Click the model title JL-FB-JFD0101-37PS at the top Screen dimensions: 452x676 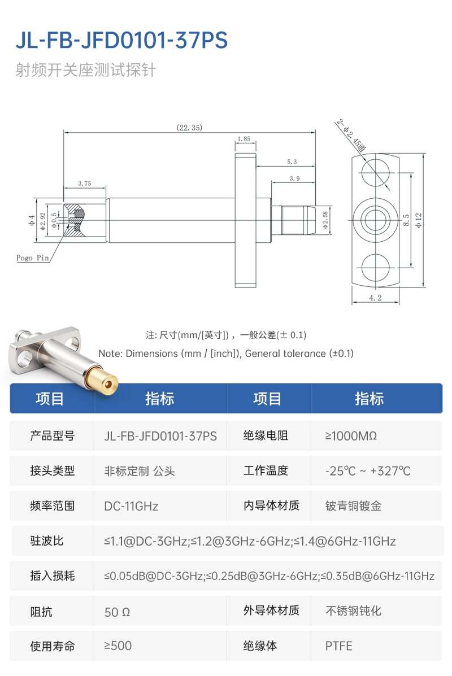[121, 41]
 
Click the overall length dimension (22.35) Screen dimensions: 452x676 [189, 128]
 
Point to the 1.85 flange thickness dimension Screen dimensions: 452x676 [244, 139]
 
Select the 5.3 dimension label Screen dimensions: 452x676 [292, 162]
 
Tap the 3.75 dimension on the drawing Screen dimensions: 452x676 [85, 183]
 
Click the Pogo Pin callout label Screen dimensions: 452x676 [33, 258]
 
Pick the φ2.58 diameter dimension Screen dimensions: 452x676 [325, 220]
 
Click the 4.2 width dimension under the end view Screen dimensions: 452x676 [375, 298]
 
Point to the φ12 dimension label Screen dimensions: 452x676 [418, 220]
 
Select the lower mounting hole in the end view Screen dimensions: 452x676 [375, 267]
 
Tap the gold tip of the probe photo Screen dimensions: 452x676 [102, 380]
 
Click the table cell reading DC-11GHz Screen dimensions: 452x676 [131, 506]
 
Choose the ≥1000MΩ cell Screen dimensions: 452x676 [351, 436]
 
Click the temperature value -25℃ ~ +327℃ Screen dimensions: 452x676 [368, 471]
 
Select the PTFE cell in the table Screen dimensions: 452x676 [338, 646]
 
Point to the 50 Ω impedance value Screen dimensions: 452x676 [118, 612]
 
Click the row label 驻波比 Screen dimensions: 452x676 [46, 541]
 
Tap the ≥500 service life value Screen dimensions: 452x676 [118, 646]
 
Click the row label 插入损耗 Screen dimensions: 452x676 [52, 576]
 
